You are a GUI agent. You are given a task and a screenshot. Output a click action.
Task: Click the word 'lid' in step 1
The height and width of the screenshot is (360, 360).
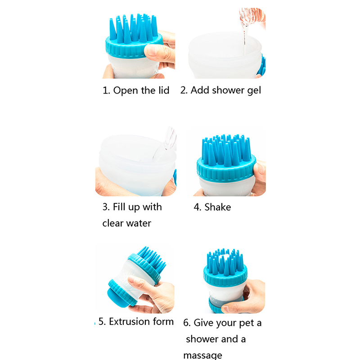[164, 90]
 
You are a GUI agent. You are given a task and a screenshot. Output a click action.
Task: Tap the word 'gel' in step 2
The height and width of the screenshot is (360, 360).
[254, 91]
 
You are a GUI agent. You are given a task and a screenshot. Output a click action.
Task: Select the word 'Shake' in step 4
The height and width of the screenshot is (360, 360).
[218, 207]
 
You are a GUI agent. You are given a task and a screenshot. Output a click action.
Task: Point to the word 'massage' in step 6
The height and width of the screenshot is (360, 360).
[202, 355]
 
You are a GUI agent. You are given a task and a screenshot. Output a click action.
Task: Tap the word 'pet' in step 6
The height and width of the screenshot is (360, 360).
[246, 323]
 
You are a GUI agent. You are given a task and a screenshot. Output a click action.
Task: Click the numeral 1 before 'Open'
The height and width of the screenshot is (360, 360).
[105, 90]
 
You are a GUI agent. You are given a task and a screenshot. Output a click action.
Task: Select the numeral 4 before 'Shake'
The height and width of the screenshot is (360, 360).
[197, 207]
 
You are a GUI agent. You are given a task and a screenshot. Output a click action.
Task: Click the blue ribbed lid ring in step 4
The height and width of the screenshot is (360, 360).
[226, 169]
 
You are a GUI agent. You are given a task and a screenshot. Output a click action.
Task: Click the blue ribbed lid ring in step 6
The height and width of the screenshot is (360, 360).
[225, 275]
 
